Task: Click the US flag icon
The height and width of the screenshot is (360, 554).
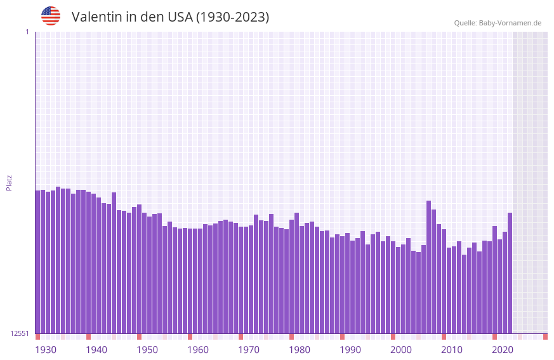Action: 51,16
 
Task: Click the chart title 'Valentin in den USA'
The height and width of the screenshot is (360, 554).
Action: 170,17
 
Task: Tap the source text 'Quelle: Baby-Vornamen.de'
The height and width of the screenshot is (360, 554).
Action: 498,23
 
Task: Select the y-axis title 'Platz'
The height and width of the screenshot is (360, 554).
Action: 9,182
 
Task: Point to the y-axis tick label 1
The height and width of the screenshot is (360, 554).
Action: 27,32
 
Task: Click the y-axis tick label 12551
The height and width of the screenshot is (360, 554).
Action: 19,333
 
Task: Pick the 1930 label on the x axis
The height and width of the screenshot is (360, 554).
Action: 46,350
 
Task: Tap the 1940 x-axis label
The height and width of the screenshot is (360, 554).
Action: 96,350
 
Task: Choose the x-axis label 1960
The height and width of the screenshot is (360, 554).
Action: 198,350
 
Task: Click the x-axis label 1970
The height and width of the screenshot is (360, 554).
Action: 249,350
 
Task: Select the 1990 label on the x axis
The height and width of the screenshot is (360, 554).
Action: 350,350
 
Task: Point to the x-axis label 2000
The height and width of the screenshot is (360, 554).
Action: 401,350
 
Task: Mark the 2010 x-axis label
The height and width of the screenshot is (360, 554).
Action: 452,350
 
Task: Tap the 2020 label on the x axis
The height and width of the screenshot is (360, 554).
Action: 503,350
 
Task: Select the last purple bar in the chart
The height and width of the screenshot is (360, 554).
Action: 510,273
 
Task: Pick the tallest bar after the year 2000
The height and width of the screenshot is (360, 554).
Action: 429,267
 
